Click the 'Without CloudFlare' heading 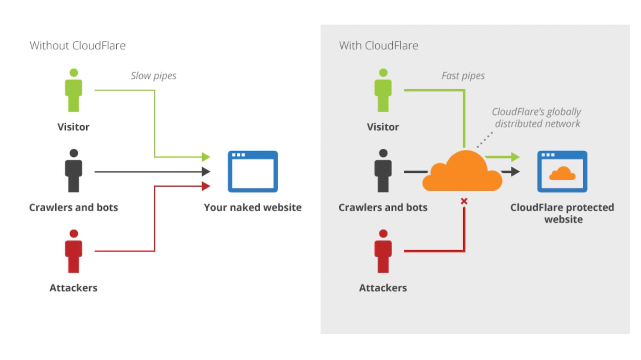pos(77,45)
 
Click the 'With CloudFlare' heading pos(378,45)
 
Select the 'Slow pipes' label pos(153,76)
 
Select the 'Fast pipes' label pos(463,76)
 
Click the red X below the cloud pos(464,201)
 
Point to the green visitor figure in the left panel pos(74,91)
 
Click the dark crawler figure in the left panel pos(74,171)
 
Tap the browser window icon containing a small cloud pos(562,172)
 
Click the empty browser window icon pos(253,172)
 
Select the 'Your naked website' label pos(253,207)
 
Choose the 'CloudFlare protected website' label pos(562,213)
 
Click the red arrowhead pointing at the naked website pos(206,186)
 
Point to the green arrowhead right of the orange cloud pos(515,157)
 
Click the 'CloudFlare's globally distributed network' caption pos(536,117)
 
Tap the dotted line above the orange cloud pos(485,140)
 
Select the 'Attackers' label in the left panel pos(74,288)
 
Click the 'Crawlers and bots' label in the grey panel pos(383,207)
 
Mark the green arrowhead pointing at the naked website pos(206,157)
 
